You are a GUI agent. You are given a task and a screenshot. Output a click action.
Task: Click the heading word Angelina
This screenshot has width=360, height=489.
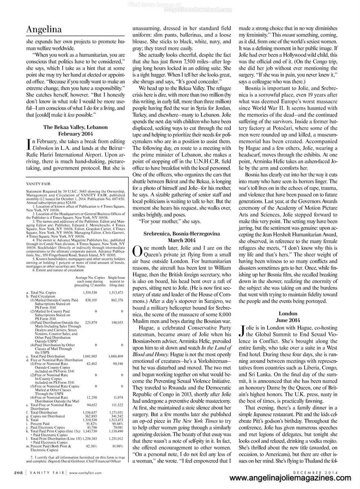(x=44, y=30)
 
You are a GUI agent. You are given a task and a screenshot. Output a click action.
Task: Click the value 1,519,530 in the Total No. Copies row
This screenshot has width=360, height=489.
(x=85, y=293)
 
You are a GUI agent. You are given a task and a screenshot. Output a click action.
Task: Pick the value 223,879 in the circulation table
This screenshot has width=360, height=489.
(x=85, y=322)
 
